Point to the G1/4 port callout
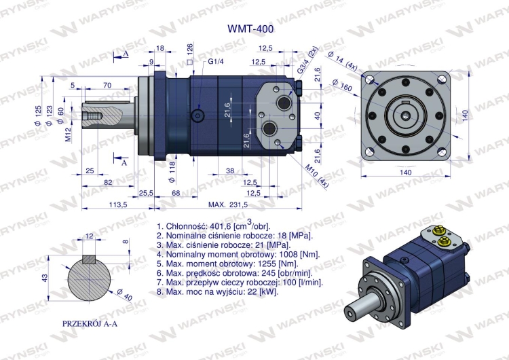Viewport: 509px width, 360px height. [x=216, y=62]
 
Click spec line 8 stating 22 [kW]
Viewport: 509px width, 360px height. [x=217, y=291]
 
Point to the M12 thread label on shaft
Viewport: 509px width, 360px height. [x=69, y=135]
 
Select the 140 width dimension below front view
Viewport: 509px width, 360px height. [x=405, y=173]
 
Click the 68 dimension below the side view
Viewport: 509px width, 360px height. [x=175, y=194]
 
